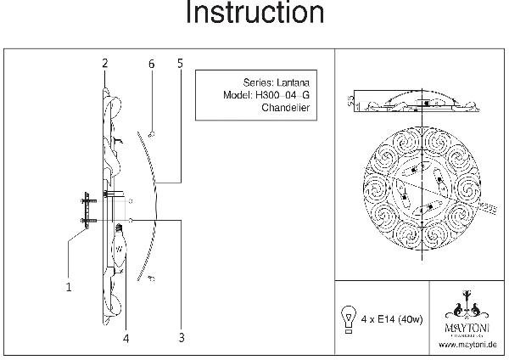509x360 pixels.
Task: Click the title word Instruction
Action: [x=255, y=14]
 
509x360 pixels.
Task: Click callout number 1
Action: [x=69, y=287]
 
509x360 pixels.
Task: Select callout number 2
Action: [x=104, y=64]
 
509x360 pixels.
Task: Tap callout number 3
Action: [x=182, y=337]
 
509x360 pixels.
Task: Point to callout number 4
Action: [x=126, y=337]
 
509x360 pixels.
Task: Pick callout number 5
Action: [x=181, y=64]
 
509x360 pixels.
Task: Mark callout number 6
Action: [x=151, y=64]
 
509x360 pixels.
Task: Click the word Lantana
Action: [x=294, y=83]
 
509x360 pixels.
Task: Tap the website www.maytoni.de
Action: [x=467, y=345]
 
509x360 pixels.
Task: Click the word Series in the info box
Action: [x=259, y=83]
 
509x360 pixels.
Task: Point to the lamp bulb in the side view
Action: [x=120, y=246]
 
